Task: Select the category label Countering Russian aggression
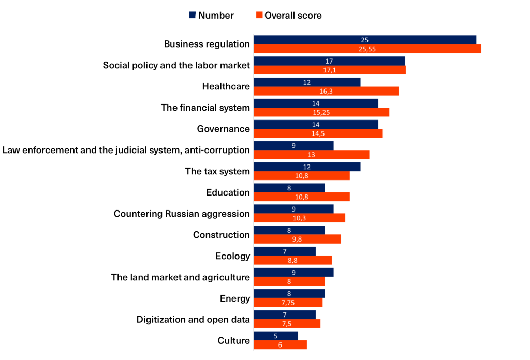(182, 214)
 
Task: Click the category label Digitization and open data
(193, 320)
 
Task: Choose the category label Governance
(223, 129)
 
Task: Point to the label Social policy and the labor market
(176, 65)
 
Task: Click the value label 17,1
(329, 70)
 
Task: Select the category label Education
(228, 192)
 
